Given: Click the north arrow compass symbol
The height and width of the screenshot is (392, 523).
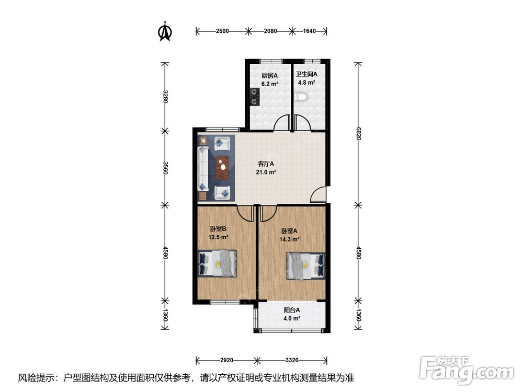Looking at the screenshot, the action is [x=165, y=31].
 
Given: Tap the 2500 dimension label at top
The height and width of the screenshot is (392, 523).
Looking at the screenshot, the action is [x=222, y=31].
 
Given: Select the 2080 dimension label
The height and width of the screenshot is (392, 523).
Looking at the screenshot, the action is [x=270, y=31].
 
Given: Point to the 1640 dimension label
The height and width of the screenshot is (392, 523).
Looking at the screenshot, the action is [x=309, y=31].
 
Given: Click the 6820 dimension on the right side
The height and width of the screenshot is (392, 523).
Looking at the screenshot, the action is [x=358, y=133].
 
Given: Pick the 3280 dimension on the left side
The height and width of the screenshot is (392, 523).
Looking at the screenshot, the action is [x=164, y=96].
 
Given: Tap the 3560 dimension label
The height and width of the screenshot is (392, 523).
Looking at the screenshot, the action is [x=164, y=167].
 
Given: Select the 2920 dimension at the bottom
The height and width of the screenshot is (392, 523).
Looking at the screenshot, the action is [x=226, y=360].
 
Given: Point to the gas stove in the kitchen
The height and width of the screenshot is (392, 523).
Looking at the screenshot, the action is [x=255, y=96].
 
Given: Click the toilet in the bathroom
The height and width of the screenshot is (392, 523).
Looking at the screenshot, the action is [x=301, y=97].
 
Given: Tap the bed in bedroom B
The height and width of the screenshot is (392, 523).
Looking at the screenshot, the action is [x=218, y=263].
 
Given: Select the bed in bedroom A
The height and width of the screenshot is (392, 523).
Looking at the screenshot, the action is [x=305, y=266].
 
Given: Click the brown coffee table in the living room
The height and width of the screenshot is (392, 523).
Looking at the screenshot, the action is [x=222, y=168].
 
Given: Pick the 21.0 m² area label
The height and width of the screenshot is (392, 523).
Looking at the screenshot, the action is [x=266, y=172].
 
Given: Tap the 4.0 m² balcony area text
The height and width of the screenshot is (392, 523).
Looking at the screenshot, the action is [x=292, y=318].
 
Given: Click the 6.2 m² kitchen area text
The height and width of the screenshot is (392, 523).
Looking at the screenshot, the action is [x=269, y=84].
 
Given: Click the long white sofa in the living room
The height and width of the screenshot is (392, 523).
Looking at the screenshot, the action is [x=203, y=169].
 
